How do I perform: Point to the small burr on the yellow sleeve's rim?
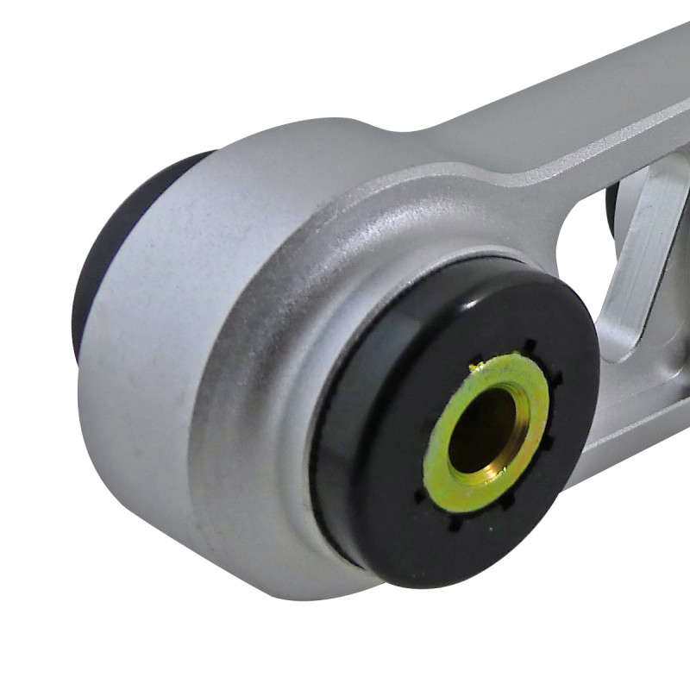coord(474,367)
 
